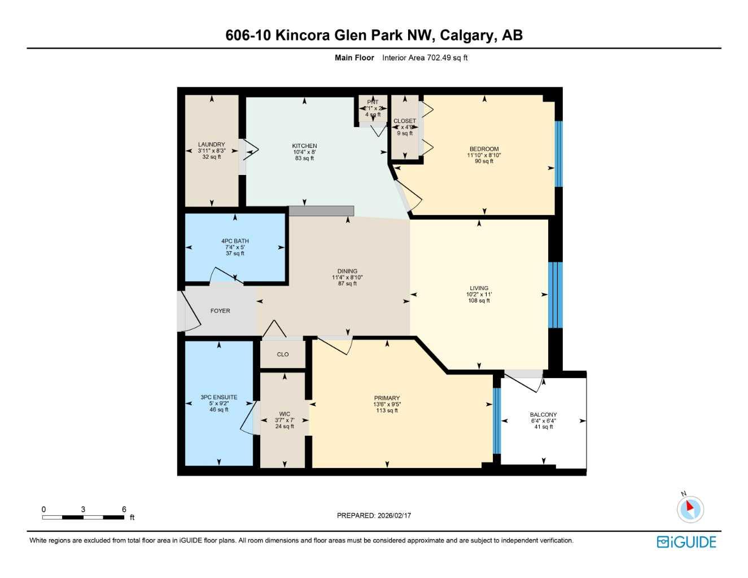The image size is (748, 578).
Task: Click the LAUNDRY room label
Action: pos(212,144)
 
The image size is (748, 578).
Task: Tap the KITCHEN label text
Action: pos(304,146)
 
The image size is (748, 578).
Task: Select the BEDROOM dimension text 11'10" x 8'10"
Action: pos(484,155)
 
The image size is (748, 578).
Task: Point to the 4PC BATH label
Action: pos(235,241)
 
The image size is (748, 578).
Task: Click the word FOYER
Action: pos(220,311)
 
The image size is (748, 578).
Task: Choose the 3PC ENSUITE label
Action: pos(219,397)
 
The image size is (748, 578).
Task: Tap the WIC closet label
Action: pos(285,414)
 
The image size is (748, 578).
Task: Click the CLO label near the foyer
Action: pos(283,354)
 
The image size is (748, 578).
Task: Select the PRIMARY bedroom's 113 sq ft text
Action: pos(387,410)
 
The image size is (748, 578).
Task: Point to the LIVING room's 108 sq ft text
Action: pos(479,301)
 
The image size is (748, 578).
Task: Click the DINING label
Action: pos(347,272)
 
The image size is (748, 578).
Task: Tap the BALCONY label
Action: pos(543,415)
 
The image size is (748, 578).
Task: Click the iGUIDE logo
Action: pos(686,542)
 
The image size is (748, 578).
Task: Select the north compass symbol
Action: pos(690,509)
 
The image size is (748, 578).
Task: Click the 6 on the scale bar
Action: pos(124,509)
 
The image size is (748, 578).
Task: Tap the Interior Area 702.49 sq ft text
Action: pos(425,58)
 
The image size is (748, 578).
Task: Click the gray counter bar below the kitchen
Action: pos(321,211)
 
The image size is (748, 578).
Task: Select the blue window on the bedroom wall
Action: pos(559,154)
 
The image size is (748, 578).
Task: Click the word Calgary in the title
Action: pos(466,35)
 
